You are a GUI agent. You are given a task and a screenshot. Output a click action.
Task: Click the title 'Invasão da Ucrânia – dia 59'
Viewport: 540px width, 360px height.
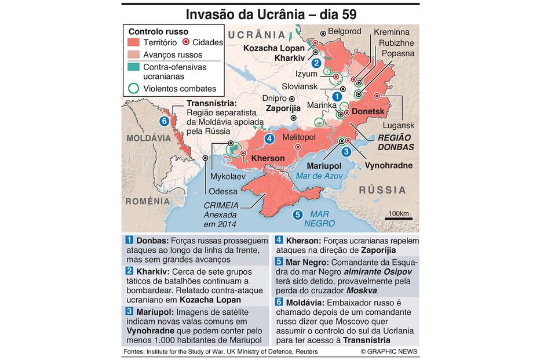[270, 13]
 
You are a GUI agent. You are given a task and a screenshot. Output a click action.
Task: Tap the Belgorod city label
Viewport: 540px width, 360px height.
[344, 31]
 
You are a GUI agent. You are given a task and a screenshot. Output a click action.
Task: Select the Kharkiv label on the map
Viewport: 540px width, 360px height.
[290, 58]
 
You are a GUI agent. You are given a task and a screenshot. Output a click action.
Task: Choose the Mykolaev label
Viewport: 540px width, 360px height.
[227, 176]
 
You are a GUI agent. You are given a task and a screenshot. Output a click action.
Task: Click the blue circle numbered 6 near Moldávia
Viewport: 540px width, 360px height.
[164, 121]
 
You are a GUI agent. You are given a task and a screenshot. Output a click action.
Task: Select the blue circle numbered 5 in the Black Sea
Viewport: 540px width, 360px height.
[298, 214]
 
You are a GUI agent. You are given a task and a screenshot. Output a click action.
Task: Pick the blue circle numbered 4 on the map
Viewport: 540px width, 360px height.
[269, 139]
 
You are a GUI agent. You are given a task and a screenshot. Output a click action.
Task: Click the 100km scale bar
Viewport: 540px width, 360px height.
[399, 217]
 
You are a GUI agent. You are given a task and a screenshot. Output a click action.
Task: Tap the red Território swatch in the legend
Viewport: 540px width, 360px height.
[134, 42]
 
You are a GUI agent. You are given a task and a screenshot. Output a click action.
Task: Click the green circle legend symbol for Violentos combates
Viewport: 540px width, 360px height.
[134, 89]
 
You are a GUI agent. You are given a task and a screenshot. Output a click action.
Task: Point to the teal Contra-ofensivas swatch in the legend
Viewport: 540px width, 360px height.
[134, 67]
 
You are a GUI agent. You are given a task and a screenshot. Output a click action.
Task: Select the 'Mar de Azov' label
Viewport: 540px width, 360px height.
[319, 176]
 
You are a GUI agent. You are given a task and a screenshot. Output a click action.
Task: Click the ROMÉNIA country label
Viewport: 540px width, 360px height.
[147, 201]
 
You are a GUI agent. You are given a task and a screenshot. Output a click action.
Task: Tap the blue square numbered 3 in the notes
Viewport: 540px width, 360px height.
[129, 311]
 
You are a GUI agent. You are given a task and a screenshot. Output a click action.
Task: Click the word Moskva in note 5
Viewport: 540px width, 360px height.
[362, 290]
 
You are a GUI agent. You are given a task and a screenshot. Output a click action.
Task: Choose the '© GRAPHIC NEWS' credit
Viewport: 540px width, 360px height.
[389, 351]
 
